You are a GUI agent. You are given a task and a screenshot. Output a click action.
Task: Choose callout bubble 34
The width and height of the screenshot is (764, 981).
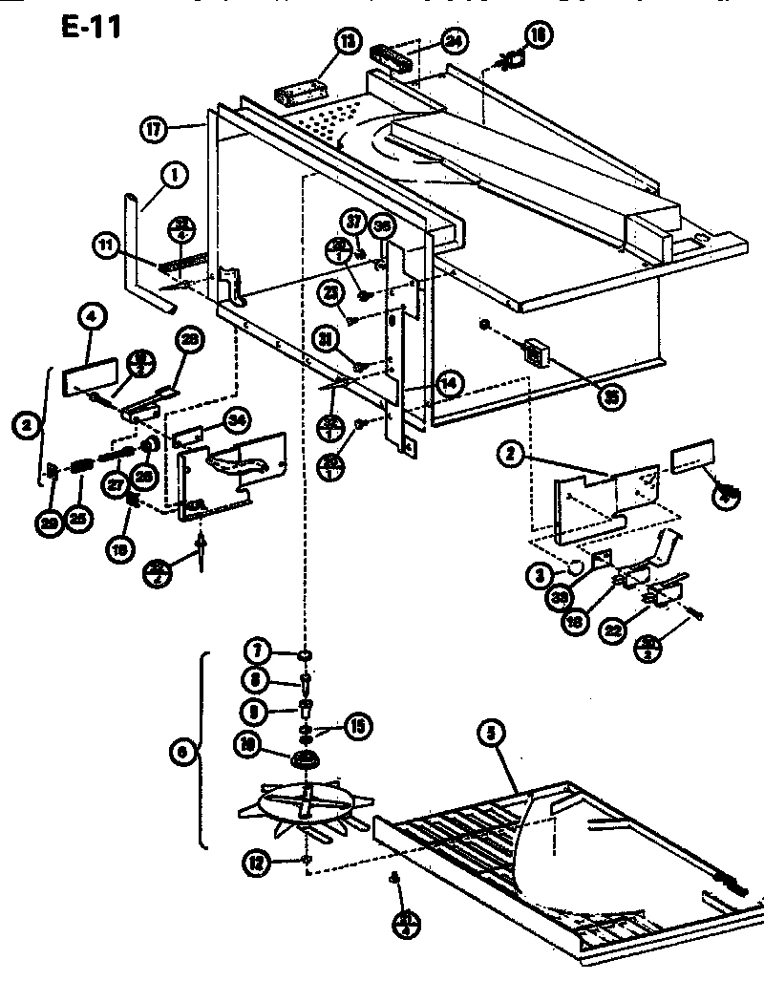(237, 420)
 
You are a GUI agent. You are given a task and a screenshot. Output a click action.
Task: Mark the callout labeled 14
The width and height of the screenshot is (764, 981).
(446, 382)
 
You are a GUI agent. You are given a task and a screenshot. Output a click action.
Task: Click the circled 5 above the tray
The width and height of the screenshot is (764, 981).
(491, 734)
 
